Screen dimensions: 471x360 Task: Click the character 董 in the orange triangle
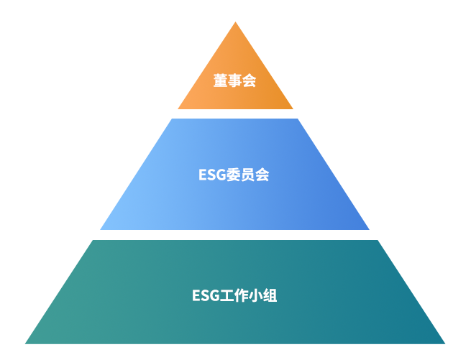click(x=221, y=80)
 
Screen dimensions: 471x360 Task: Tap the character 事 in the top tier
click(x=234, y=80)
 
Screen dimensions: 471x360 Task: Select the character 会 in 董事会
click(x=249, y=80)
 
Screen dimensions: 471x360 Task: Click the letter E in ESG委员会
click(x=203, y=175)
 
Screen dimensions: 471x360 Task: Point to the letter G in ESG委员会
click(x=221, y=175)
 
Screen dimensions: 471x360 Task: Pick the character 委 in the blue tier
click(x=234, y=175)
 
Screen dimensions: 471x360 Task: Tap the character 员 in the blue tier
click(x=248, y=175)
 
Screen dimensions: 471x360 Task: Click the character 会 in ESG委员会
click(x=262, y=175)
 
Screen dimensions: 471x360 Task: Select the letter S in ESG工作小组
click(x=205, y=295)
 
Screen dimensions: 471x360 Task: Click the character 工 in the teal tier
click(x=227, y=295)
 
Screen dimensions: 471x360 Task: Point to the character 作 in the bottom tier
click(x=241, y=295)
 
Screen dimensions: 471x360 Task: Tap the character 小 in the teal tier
click(x=255, y=295)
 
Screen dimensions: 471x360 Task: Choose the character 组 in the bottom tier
click(x=270, y=295)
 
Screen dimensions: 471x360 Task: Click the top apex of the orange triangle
click(x=236, y=22)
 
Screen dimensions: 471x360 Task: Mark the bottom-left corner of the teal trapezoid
click(x=25, y=343)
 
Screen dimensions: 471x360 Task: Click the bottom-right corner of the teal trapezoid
click(x=445, y=343)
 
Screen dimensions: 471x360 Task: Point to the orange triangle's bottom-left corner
click(x=178, y=109)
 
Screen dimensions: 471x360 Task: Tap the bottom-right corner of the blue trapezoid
click(x=370, y=230)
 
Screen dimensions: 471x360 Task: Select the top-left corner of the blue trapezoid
click(x=172, y=119)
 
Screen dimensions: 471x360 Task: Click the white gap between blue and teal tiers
click(x=235, y=235)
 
